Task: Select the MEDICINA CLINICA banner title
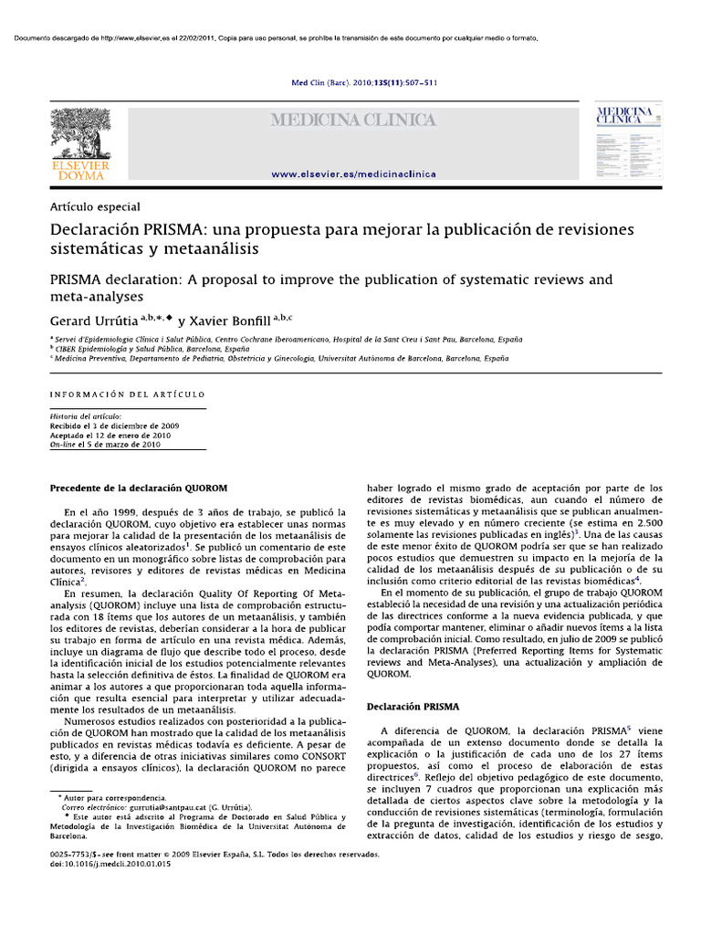click(x=350, y=121)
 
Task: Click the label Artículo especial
click(x=95, y=207)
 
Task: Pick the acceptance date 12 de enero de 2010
click(x=132, y=435)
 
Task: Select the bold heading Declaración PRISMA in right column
click(x=413, y=707)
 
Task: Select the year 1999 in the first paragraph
click(x=123, y=513)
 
